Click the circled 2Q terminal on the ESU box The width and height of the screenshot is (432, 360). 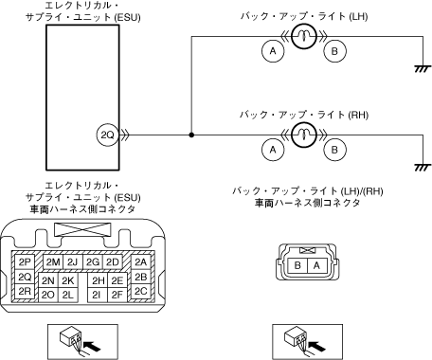coord(107,135)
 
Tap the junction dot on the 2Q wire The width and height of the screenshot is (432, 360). coord(191,135)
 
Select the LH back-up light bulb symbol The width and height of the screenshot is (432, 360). coord(303,36)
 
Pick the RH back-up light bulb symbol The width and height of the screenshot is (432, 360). coord(303,135)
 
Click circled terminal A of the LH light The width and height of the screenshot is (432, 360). coord(273,51)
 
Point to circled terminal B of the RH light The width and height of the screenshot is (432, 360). coord(334,150)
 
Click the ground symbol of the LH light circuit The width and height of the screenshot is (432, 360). coord(423,69)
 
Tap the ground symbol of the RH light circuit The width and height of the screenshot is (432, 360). coord(423,168)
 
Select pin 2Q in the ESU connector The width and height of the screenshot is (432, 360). coord(25,277)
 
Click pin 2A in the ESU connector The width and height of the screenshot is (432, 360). coord(141,261)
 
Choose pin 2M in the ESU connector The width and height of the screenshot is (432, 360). coord(53,261)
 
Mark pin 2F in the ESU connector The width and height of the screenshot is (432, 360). coord(117,295)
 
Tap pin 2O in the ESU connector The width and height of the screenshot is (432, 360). coord(48,295)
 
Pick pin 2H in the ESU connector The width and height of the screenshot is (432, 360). coord(98,280)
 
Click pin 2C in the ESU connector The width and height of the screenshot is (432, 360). coord(141,291)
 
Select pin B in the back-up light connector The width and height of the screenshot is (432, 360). coord(297,265)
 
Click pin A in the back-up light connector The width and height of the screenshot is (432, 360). coord(316,265)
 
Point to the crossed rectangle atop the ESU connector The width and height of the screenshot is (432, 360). coord(83,229)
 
